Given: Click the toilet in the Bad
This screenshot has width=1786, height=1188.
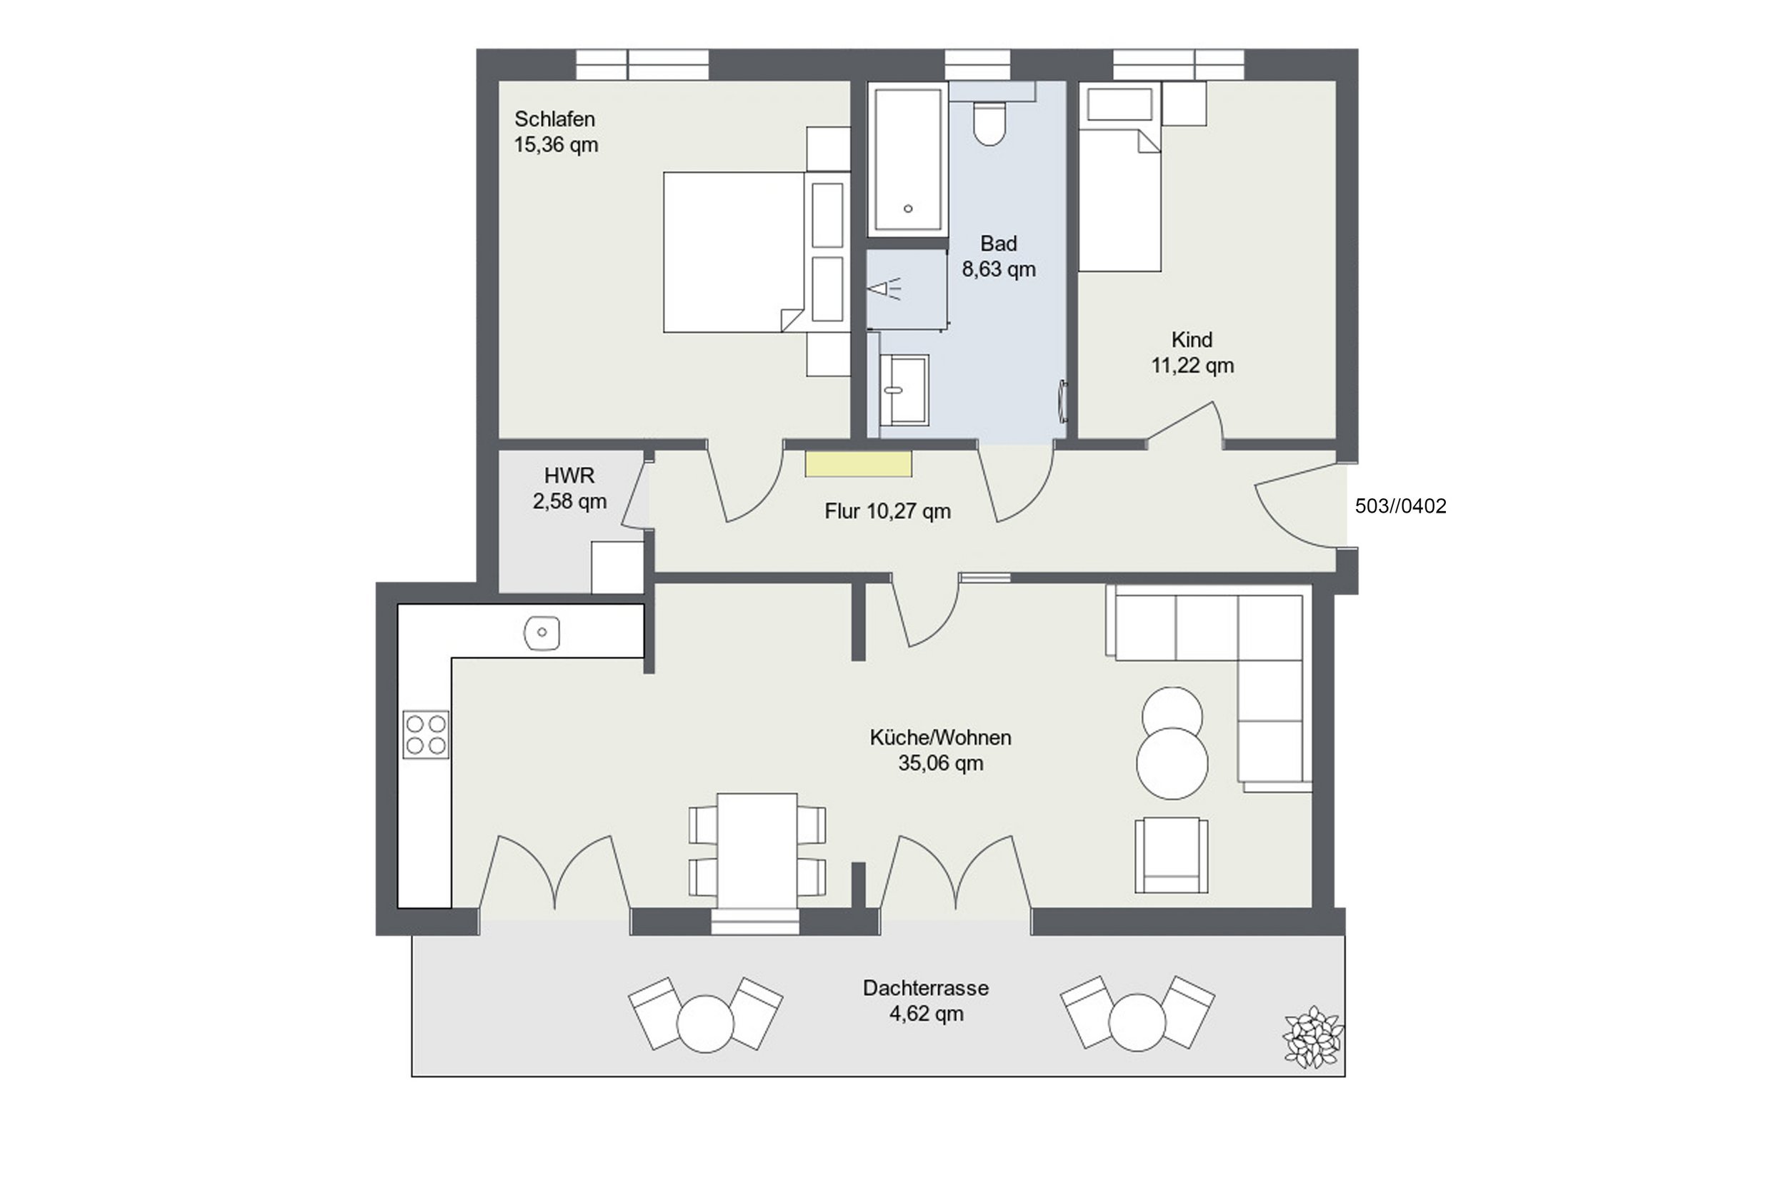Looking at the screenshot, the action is [989, 123].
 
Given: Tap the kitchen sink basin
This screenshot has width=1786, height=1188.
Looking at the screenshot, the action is [542, 633].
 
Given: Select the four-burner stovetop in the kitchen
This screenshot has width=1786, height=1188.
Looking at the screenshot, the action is [425, 734].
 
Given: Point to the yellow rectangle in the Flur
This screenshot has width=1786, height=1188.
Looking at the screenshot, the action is [858, 463].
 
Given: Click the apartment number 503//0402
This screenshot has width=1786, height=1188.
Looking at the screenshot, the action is [1400, 506].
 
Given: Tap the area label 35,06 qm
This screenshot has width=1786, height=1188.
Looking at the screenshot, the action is [940, 763].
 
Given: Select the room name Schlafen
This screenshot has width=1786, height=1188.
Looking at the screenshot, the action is [554, 119].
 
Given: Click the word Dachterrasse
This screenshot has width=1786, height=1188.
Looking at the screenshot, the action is [925, 988].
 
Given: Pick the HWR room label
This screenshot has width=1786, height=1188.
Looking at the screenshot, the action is [569, 475].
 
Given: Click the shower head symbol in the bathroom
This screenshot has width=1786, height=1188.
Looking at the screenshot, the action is [884, 289].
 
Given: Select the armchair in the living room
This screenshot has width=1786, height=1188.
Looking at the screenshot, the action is [1170, 855].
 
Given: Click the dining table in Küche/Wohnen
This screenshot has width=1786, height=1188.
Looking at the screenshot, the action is [757, 850].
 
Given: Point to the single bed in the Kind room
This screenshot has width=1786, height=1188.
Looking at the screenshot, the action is [1119, 200].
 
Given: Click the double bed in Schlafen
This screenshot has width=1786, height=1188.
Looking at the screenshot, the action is [734, 252].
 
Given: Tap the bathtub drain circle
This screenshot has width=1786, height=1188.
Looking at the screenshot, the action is [907, 208].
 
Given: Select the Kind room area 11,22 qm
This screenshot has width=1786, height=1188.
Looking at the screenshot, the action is [1192, 366].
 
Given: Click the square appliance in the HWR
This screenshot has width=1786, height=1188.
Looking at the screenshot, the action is [617, 568].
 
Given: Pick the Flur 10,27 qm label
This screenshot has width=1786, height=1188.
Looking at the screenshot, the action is [888, 511].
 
